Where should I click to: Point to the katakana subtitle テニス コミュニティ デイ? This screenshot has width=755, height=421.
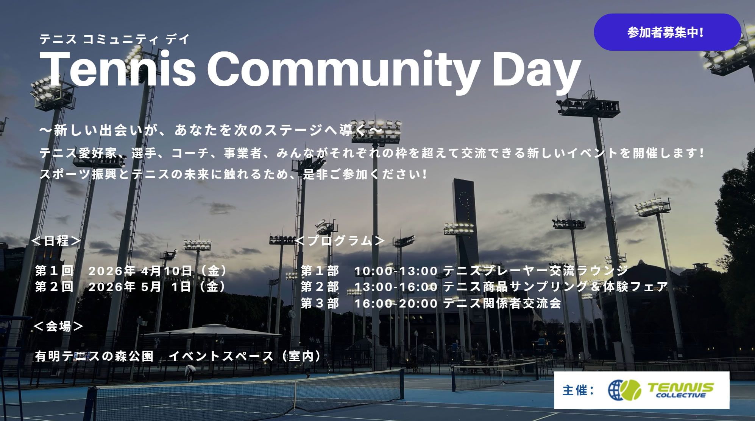114,39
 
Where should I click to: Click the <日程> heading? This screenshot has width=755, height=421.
56,241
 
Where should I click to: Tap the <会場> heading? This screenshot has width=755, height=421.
58,326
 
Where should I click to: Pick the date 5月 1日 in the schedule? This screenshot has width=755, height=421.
166,287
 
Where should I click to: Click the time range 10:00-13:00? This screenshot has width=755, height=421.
396,271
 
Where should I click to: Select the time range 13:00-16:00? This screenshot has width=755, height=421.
396,287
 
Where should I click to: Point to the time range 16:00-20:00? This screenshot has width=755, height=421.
396,303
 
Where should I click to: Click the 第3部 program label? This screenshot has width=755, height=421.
320,303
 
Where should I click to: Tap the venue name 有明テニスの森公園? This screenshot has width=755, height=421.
94,356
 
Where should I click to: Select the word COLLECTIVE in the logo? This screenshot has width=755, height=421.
681,396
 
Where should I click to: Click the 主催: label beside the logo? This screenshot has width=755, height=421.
579,390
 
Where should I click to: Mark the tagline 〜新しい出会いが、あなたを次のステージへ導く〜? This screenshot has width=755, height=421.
211,130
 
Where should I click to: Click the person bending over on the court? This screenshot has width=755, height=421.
190,373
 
